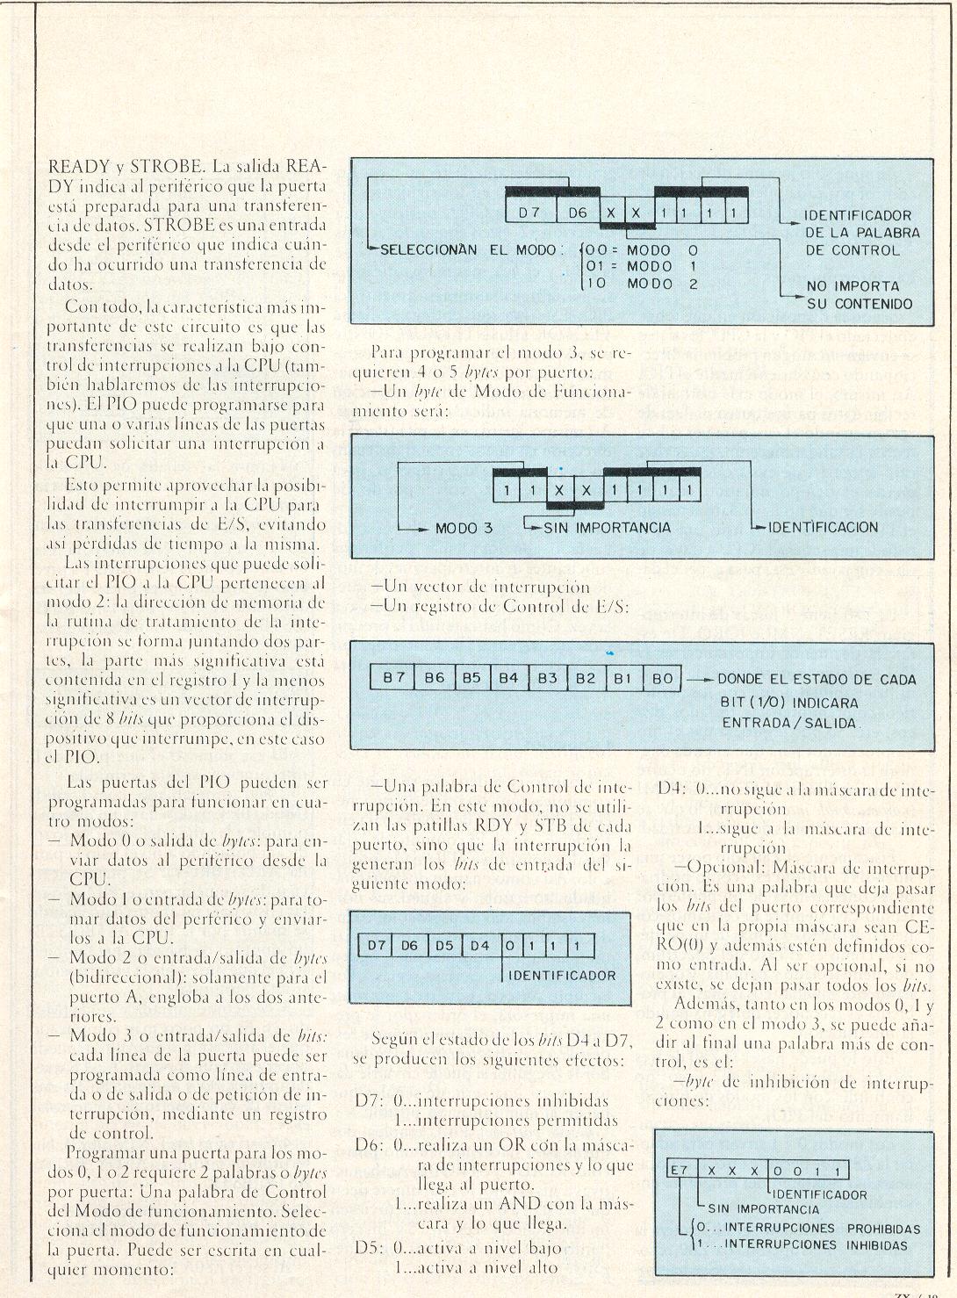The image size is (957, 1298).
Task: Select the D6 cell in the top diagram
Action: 576,211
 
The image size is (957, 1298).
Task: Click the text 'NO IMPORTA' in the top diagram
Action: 853,286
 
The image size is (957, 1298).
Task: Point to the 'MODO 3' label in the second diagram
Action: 464,529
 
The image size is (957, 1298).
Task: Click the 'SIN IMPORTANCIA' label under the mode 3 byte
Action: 607,528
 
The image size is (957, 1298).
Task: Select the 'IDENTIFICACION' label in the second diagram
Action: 823,528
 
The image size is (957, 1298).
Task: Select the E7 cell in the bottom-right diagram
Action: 678,1172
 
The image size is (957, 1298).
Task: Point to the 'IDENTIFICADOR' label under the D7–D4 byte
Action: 563,975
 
